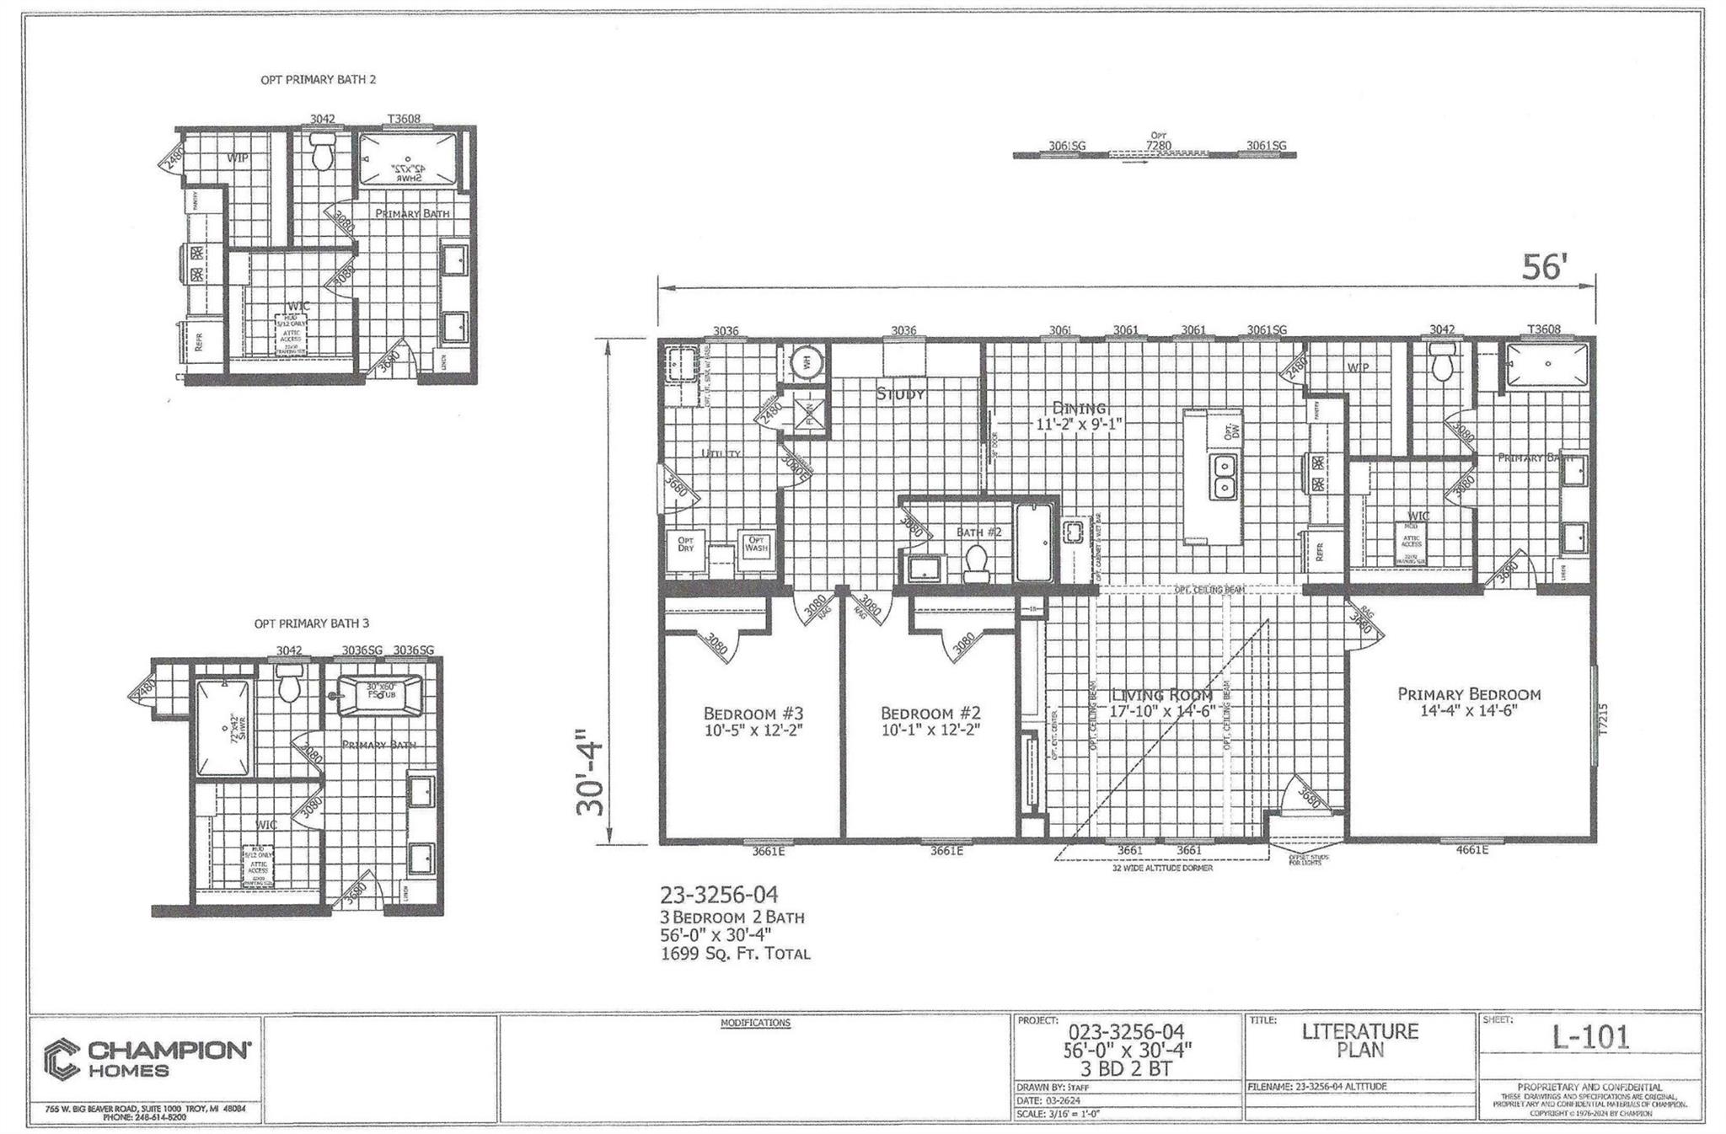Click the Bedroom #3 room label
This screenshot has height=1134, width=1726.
753,713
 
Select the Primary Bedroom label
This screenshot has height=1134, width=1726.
1469,694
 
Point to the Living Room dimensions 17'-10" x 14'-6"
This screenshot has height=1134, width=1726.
1161,711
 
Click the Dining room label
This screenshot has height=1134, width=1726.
1080,408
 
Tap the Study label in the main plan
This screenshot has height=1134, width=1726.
901,393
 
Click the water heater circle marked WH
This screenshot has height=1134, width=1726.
806,363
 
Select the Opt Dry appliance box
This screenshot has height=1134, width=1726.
685,545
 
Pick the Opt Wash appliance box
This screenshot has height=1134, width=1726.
756,544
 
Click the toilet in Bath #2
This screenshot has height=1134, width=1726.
976,562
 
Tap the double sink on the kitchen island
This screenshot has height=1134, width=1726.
1223,477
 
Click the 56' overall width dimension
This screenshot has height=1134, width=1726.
1544,267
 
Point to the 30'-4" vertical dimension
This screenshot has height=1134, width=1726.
590,776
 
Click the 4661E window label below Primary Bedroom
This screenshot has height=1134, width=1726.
1471,850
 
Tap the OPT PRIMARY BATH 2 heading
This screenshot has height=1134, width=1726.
318,79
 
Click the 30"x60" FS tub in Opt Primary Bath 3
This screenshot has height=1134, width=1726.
380,695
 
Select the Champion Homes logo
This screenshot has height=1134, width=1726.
147,1059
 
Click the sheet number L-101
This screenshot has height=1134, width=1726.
1590,1037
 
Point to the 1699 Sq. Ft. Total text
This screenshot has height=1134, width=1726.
735,954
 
